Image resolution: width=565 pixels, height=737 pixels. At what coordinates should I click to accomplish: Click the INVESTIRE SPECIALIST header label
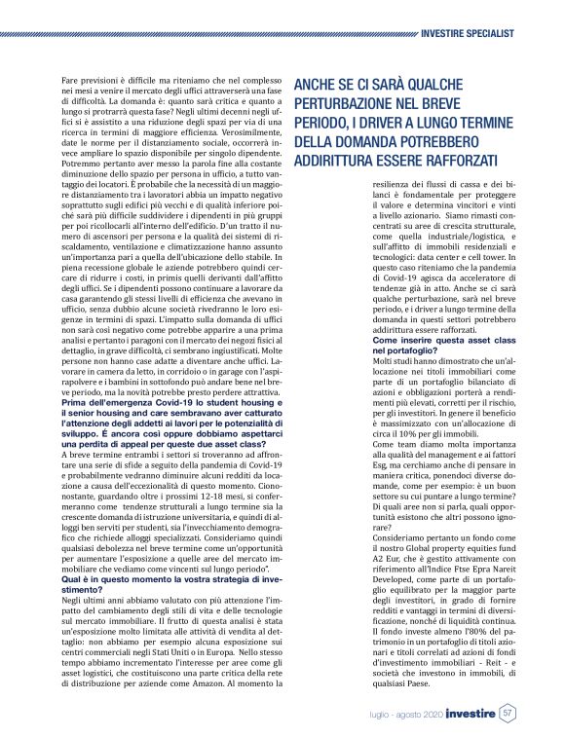tap(469, 32)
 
